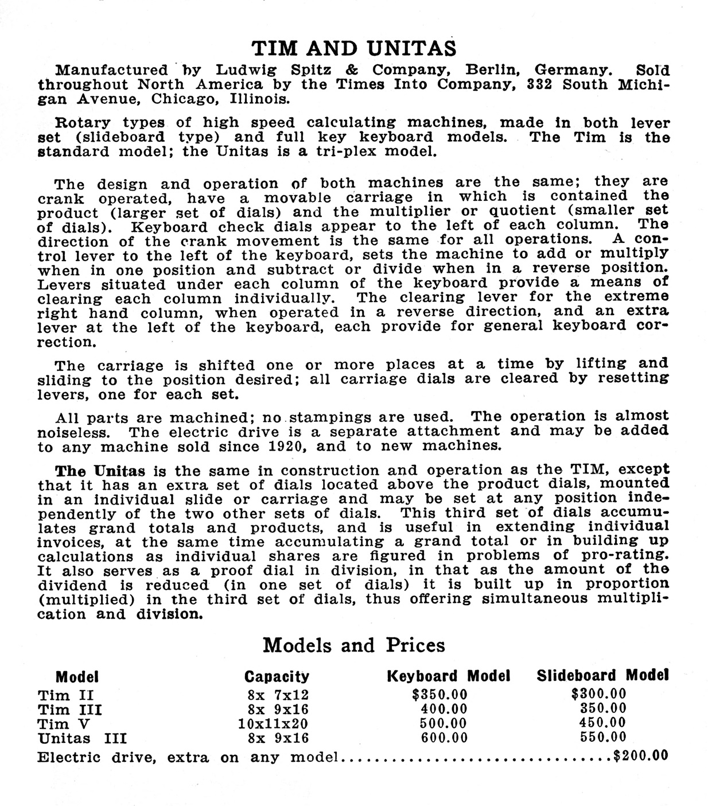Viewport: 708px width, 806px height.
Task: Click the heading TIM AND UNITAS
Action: (355, 48)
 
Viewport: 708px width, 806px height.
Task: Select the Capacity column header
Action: (277, 676)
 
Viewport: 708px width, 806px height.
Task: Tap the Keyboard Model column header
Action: (449, 676)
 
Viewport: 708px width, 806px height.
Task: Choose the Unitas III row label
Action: (82, 738)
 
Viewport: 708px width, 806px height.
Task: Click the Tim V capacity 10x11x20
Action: (273, 724)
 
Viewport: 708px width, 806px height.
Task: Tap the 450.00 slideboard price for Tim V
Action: (603, 723)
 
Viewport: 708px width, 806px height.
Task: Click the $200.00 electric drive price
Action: (640, 755)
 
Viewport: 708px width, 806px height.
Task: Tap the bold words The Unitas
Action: (101, 471)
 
